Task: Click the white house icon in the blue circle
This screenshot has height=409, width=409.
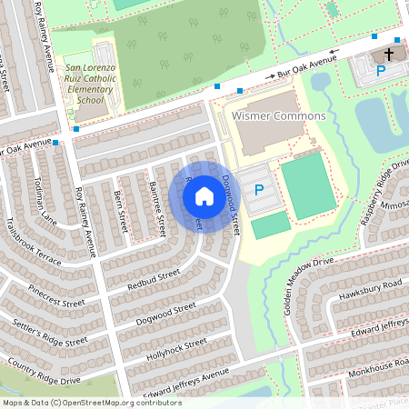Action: point(204,196)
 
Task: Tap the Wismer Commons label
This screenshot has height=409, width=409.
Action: point(266,117)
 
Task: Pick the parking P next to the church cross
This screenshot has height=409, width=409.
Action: point(381,69)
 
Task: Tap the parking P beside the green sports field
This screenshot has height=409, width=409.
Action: point(258,190)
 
